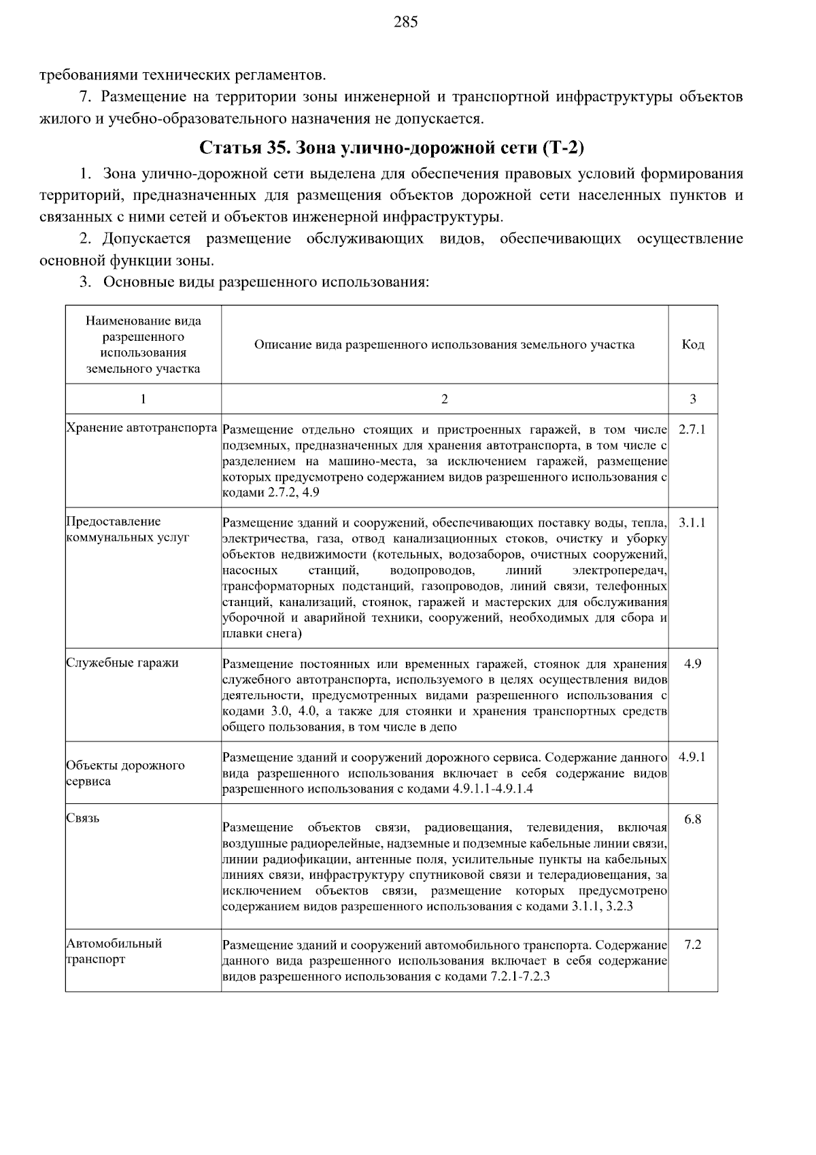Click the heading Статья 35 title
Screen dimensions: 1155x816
(392, 148)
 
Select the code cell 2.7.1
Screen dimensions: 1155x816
(692, 430)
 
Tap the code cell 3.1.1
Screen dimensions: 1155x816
(692, 522)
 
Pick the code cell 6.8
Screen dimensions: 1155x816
(692, 819)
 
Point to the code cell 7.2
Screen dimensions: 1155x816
(692, 945)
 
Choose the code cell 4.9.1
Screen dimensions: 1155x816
(692, 756)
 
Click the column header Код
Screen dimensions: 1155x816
(692, 344)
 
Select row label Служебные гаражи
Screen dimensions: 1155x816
(122, 663)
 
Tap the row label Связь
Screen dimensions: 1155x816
(83, 818)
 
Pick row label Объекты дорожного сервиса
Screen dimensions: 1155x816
(125, 773)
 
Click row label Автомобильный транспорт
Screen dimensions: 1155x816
(114, 952)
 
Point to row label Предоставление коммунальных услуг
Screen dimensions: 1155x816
(127, 529)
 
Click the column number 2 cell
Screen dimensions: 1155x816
(444, 399)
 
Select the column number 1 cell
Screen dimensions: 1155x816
(143, 399)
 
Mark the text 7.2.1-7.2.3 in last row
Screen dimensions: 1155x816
(520, 977)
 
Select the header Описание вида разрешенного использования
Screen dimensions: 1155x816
(444, 344)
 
